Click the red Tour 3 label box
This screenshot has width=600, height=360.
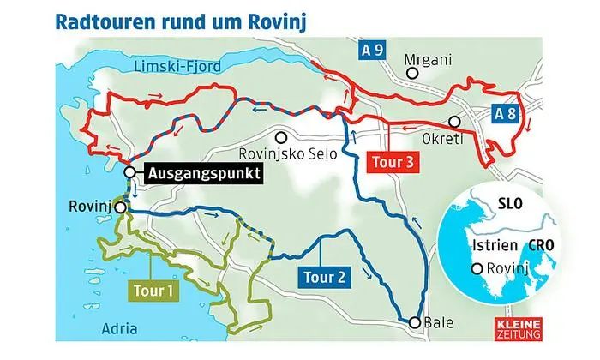(x=395, y=161)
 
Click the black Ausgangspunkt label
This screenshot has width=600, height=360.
(x=202, y=174)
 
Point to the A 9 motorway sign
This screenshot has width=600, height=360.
(x=371, y=52)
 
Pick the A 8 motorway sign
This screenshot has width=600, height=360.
(x=507, y=112)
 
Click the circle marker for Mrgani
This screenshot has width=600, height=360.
(x=412, y=74)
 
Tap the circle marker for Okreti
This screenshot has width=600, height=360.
(x=452, y=122)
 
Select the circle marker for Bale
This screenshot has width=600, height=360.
(x=415, y=322)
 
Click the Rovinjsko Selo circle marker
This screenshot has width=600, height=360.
(x=279, y=137)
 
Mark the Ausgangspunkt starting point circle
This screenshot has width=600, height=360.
(x=129, y=172)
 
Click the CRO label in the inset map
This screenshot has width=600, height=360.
(x=540, y=246)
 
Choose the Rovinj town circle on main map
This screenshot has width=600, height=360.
(x=121, y=207)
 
